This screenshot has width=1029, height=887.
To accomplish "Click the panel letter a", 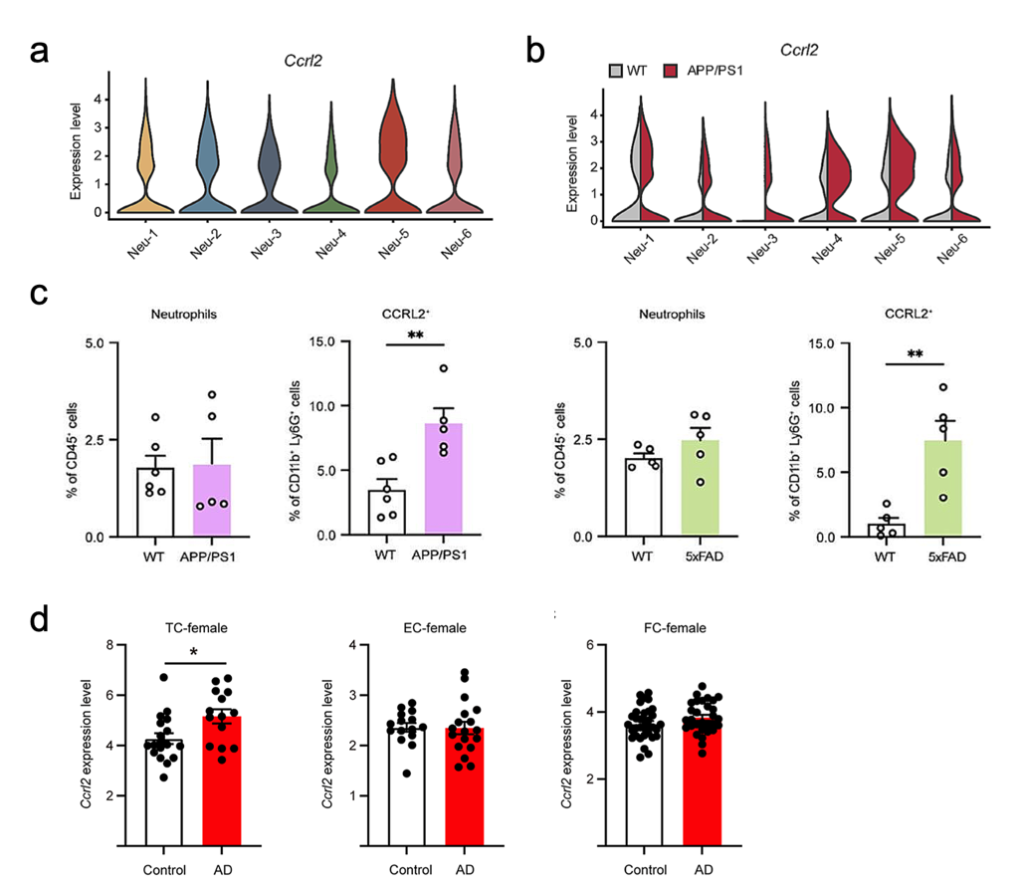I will tap(40, 52).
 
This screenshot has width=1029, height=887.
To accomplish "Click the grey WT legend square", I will tap(618, 70).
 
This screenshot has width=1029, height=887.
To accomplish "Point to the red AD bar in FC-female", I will tap(695, 786).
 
